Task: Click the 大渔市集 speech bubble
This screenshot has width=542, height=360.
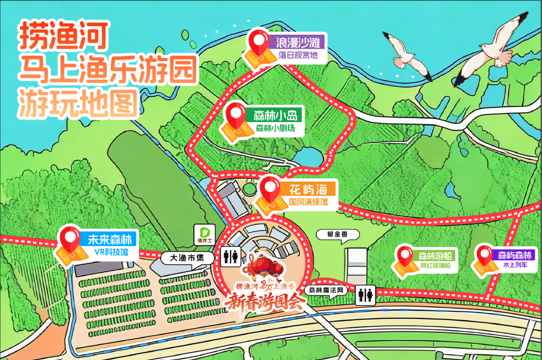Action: (185, 258)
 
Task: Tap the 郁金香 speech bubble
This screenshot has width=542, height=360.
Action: (332, 234)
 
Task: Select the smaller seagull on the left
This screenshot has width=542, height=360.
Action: (406, 52)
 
